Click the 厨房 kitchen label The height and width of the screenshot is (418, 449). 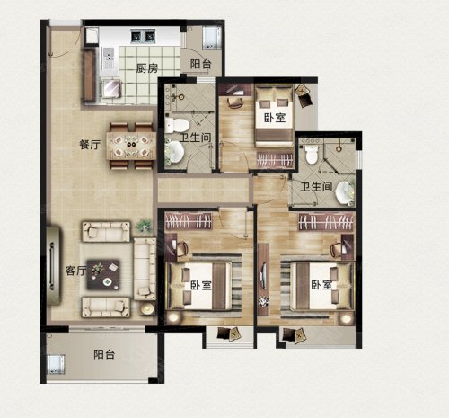pyautogui.click(x=147, y=68)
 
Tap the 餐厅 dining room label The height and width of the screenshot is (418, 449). pyautogui.click(x=90, y=145)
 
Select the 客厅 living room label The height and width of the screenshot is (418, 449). pyautogui.click(x=76, y=271)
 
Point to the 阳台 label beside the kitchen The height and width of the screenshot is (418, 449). pyautogui.click(x=200, y=64)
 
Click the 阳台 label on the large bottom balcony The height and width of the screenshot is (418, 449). pyautogui.click(x=104, y=354)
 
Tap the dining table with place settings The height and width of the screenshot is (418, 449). pyautogui.click(x=131, y=146)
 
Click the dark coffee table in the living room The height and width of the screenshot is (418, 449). pyautogui.click(x=103, y=274)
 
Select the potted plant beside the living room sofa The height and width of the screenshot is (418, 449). pyautogui.click(x=144, y=226)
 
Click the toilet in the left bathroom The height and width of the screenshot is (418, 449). pyautogui.click(x=176, y=124)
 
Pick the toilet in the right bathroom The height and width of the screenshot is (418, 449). pyautogui.click(x=312, y=154)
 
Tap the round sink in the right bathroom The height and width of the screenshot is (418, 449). pyautogui.click(x=345, y=192)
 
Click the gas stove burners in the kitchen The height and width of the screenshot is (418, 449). pyautogui.click(x=143, y=36)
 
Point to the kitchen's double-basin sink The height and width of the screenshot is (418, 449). pyautogui.click(x=109, y=58)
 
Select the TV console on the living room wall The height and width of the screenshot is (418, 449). pyautogui.click(x=54, y=266)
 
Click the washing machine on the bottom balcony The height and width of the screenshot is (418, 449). pyautogui.click(x=56, y=364)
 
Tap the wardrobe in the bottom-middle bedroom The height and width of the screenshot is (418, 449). pyautogui.click(x=189, y=221)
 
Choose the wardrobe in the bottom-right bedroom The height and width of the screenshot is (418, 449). pyautogui.click(x=326, y=221)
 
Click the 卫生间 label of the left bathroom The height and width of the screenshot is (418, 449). pyautogui.click(x=195, y=138)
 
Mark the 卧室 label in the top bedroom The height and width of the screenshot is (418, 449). pyautogui.click(x=275, y=118)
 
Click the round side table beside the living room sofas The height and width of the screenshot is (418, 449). pyautogui.click(x=146, y=308)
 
